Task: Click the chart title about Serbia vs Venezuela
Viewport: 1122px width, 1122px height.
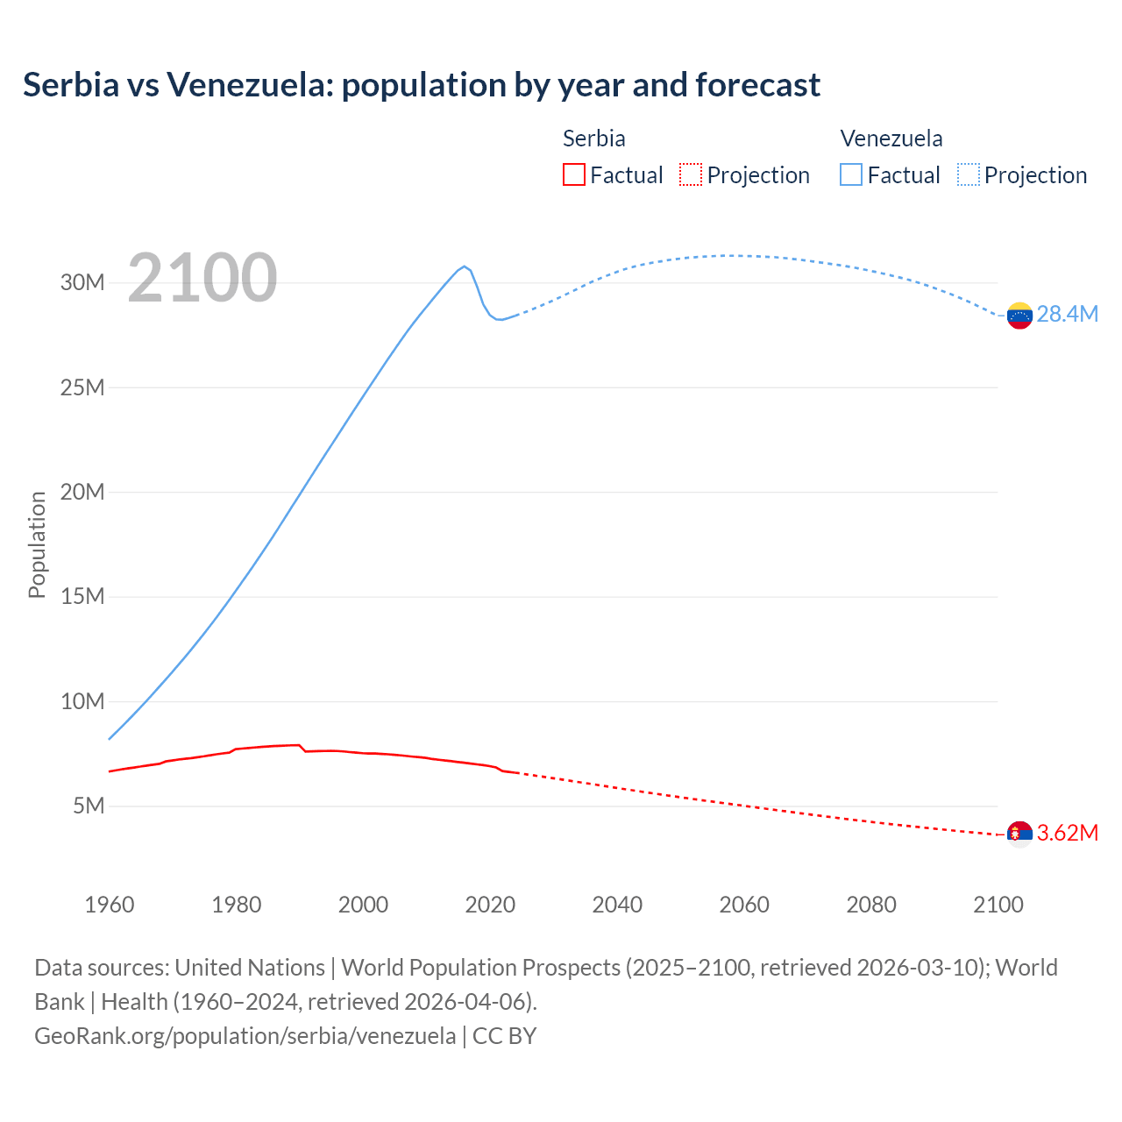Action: (422, 85)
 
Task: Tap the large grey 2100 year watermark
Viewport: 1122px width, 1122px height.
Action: (202, 278)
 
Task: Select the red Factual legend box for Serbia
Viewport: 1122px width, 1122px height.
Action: (573, 174)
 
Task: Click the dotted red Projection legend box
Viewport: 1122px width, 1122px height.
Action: (691, 174)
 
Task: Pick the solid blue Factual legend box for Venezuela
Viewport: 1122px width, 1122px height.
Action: (850, 174)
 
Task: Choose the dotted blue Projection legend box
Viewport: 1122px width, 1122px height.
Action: (968, 174)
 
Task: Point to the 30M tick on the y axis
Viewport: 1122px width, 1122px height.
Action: (82, 282)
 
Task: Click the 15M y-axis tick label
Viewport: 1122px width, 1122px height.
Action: (82, 597)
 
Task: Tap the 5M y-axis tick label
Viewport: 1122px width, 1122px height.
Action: (89, 806)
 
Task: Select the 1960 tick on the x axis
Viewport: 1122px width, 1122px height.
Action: (110, 905)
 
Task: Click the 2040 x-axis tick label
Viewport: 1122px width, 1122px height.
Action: (617, 905)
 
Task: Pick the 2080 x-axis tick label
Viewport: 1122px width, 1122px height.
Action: (871, 905)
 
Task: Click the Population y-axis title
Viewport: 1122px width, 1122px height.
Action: (37, 544)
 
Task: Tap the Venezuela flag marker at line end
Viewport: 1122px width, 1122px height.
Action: (1019, 316)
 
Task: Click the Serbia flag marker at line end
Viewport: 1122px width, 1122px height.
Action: (1019, 834)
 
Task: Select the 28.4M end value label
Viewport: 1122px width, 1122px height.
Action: (1067, 314)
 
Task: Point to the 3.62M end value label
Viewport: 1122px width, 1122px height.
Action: (1067, 833)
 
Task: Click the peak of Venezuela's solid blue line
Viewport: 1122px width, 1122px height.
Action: (465, 266)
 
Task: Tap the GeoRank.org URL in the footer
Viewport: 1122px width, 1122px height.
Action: (245, 1035)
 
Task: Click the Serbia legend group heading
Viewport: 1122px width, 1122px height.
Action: (593, 138)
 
